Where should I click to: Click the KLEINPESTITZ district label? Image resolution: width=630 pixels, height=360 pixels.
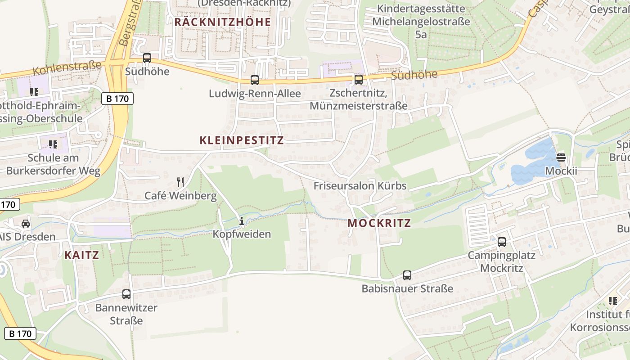click(x=242, y=140)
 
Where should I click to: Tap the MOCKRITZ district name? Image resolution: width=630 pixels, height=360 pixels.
click(x=379, y=223)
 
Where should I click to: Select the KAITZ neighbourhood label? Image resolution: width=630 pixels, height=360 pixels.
click(x=81, y=255)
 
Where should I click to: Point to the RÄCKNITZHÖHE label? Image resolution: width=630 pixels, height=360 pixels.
click(x=223, y=22)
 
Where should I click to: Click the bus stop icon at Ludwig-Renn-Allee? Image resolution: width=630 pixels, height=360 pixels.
click(x=255, y=80)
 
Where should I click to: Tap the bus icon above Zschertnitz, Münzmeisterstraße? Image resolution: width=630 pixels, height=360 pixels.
click(x=359, y=80)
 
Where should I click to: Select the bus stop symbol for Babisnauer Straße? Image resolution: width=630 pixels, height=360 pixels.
click(x=407, y=275)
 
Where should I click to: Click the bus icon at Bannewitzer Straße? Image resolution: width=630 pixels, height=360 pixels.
click(x=126, y=294)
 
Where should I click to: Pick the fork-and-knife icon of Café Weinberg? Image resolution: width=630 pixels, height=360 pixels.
click(x=180, y=182)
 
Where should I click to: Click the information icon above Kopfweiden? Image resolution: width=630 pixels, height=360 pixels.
click(x=242, y=221)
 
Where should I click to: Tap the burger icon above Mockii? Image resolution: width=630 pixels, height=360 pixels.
click(x=561, y=157)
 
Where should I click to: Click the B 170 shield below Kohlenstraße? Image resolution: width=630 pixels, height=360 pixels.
click(x=117, y=99)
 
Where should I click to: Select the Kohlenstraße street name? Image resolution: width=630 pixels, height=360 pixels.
click(x=67, y=68)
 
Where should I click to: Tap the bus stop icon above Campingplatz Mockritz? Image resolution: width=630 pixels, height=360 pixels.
click(x=502, y=242)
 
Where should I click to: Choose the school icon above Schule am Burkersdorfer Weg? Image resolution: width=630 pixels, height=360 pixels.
click(x=53, y=144)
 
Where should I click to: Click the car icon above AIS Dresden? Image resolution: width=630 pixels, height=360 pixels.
click(x=26, y=224)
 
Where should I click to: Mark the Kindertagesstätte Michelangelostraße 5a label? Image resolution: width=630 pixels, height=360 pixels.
click(x=421, y=22)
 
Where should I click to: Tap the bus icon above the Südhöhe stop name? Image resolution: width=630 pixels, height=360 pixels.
click(x=147, y=58)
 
